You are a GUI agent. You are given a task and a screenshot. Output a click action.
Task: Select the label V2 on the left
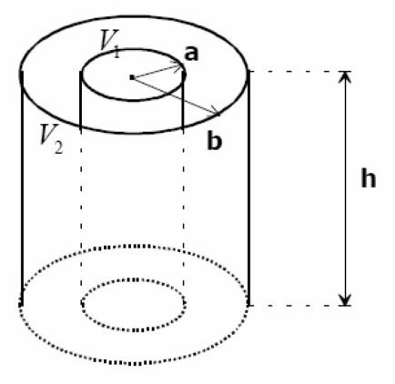click(x=52, y=139)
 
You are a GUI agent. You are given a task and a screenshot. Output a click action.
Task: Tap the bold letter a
click(x=191, y=54)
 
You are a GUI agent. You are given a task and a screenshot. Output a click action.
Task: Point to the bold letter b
click(x=215, y=141)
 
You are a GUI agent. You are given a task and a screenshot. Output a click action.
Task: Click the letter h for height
click(x=369, y=177)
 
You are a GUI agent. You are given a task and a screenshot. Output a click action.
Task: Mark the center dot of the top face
click(x=132, y=77)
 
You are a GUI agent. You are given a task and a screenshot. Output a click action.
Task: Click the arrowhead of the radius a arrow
click(x=178, y=65)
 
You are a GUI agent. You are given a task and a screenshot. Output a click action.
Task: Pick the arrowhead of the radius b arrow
click(x=215, y=111)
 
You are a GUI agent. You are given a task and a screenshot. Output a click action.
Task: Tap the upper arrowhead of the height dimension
click(x=345, y=77)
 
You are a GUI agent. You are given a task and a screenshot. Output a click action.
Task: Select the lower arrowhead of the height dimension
click(x=345, y=299)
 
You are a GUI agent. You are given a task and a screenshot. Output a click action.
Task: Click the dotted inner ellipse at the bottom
click(x=134, y=329)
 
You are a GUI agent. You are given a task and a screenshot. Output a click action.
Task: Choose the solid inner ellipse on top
click(x=132, y=99)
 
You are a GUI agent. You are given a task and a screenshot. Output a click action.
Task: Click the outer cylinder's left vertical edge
click(x=22, y=188)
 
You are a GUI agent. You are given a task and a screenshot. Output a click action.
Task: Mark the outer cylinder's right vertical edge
click(x=248, y=188)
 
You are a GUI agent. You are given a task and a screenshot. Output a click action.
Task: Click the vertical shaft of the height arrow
click(x=345, y=188)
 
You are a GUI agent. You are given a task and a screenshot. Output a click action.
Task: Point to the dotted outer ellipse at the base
click(x=135, y=363)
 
